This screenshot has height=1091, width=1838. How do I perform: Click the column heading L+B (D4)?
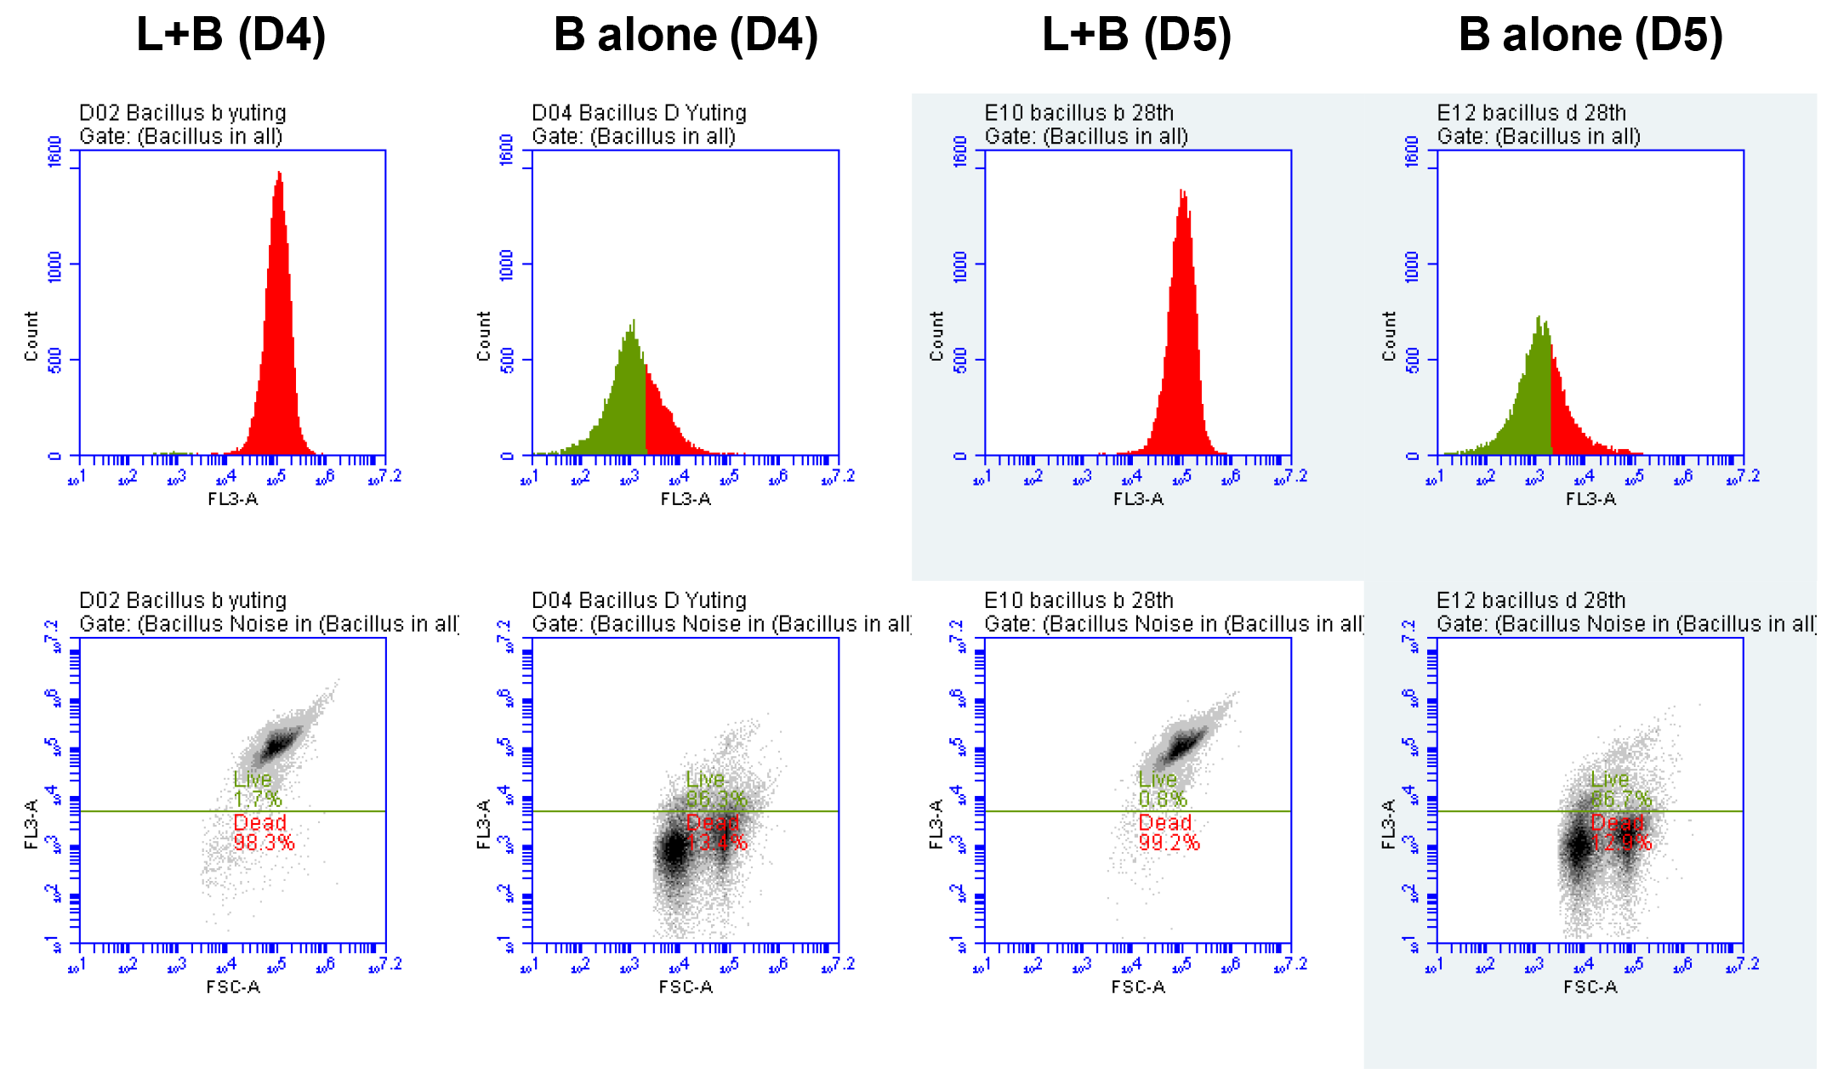point(230,36)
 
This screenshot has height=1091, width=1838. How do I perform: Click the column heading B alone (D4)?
point(685,36)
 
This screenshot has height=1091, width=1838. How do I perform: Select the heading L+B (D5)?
point(1136,36)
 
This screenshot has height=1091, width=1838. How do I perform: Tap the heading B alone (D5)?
point(1590,36)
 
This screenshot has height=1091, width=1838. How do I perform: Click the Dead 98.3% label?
point(263,833)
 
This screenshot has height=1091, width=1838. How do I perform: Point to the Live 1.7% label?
point(256,789)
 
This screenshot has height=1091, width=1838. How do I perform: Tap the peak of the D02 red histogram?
point(279,174)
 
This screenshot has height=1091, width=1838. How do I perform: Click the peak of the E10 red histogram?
point(1183,192)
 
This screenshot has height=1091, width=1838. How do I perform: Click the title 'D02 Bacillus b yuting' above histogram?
point(182,112)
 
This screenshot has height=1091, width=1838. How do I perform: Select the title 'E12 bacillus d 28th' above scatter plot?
point(1530,600)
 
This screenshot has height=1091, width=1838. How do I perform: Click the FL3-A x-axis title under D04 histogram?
point(685,499)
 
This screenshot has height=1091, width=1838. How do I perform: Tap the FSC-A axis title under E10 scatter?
point(1137,987)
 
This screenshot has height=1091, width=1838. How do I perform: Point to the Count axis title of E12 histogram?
point(1389,336)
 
